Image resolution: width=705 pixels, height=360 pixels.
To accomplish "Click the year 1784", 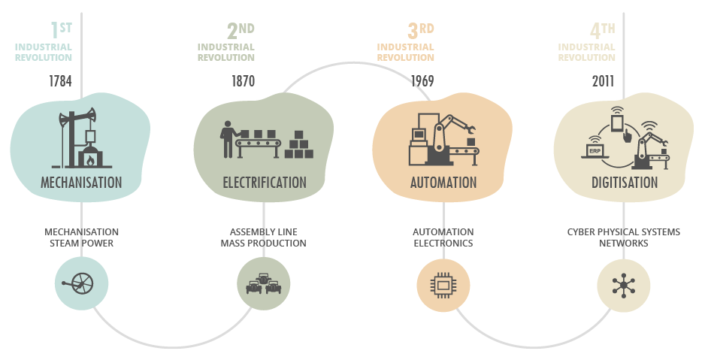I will click(59, 81).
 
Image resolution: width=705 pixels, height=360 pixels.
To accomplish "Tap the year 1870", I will click(243, 81).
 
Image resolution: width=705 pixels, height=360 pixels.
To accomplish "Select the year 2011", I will click(603, 81).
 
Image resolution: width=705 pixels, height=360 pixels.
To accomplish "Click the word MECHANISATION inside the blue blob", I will click(81, 183).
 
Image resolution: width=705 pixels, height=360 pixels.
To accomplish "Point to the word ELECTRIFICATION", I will click(265, 183).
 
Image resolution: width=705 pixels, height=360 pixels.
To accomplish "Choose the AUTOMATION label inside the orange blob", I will click(443, 183).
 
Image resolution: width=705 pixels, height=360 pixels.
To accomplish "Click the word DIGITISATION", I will click(624, 183).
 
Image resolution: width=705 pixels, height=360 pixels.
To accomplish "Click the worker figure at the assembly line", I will click(225, 140).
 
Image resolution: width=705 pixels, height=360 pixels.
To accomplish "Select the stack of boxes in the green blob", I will click(299, 145).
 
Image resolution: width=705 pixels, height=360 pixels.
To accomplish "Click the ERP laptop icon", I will click(595, 150).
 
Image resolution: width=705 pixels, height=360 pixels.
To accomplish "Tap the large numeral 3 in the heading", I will click(413, 31).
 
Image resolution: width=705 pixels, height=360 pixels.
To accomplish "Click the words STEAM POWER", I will click(81, 244).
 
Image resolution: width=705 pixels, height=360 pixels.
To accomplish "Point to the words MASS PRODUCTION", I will click(263, 244).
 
